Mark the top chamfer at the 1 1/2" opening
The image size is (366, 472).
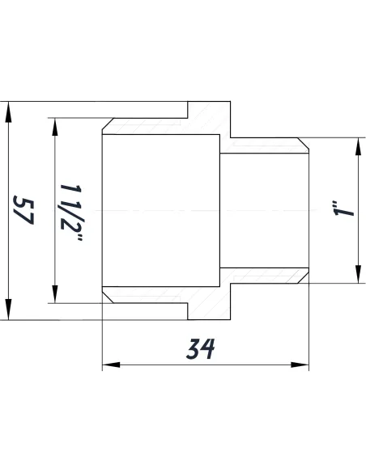click(x=106, y=129)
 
